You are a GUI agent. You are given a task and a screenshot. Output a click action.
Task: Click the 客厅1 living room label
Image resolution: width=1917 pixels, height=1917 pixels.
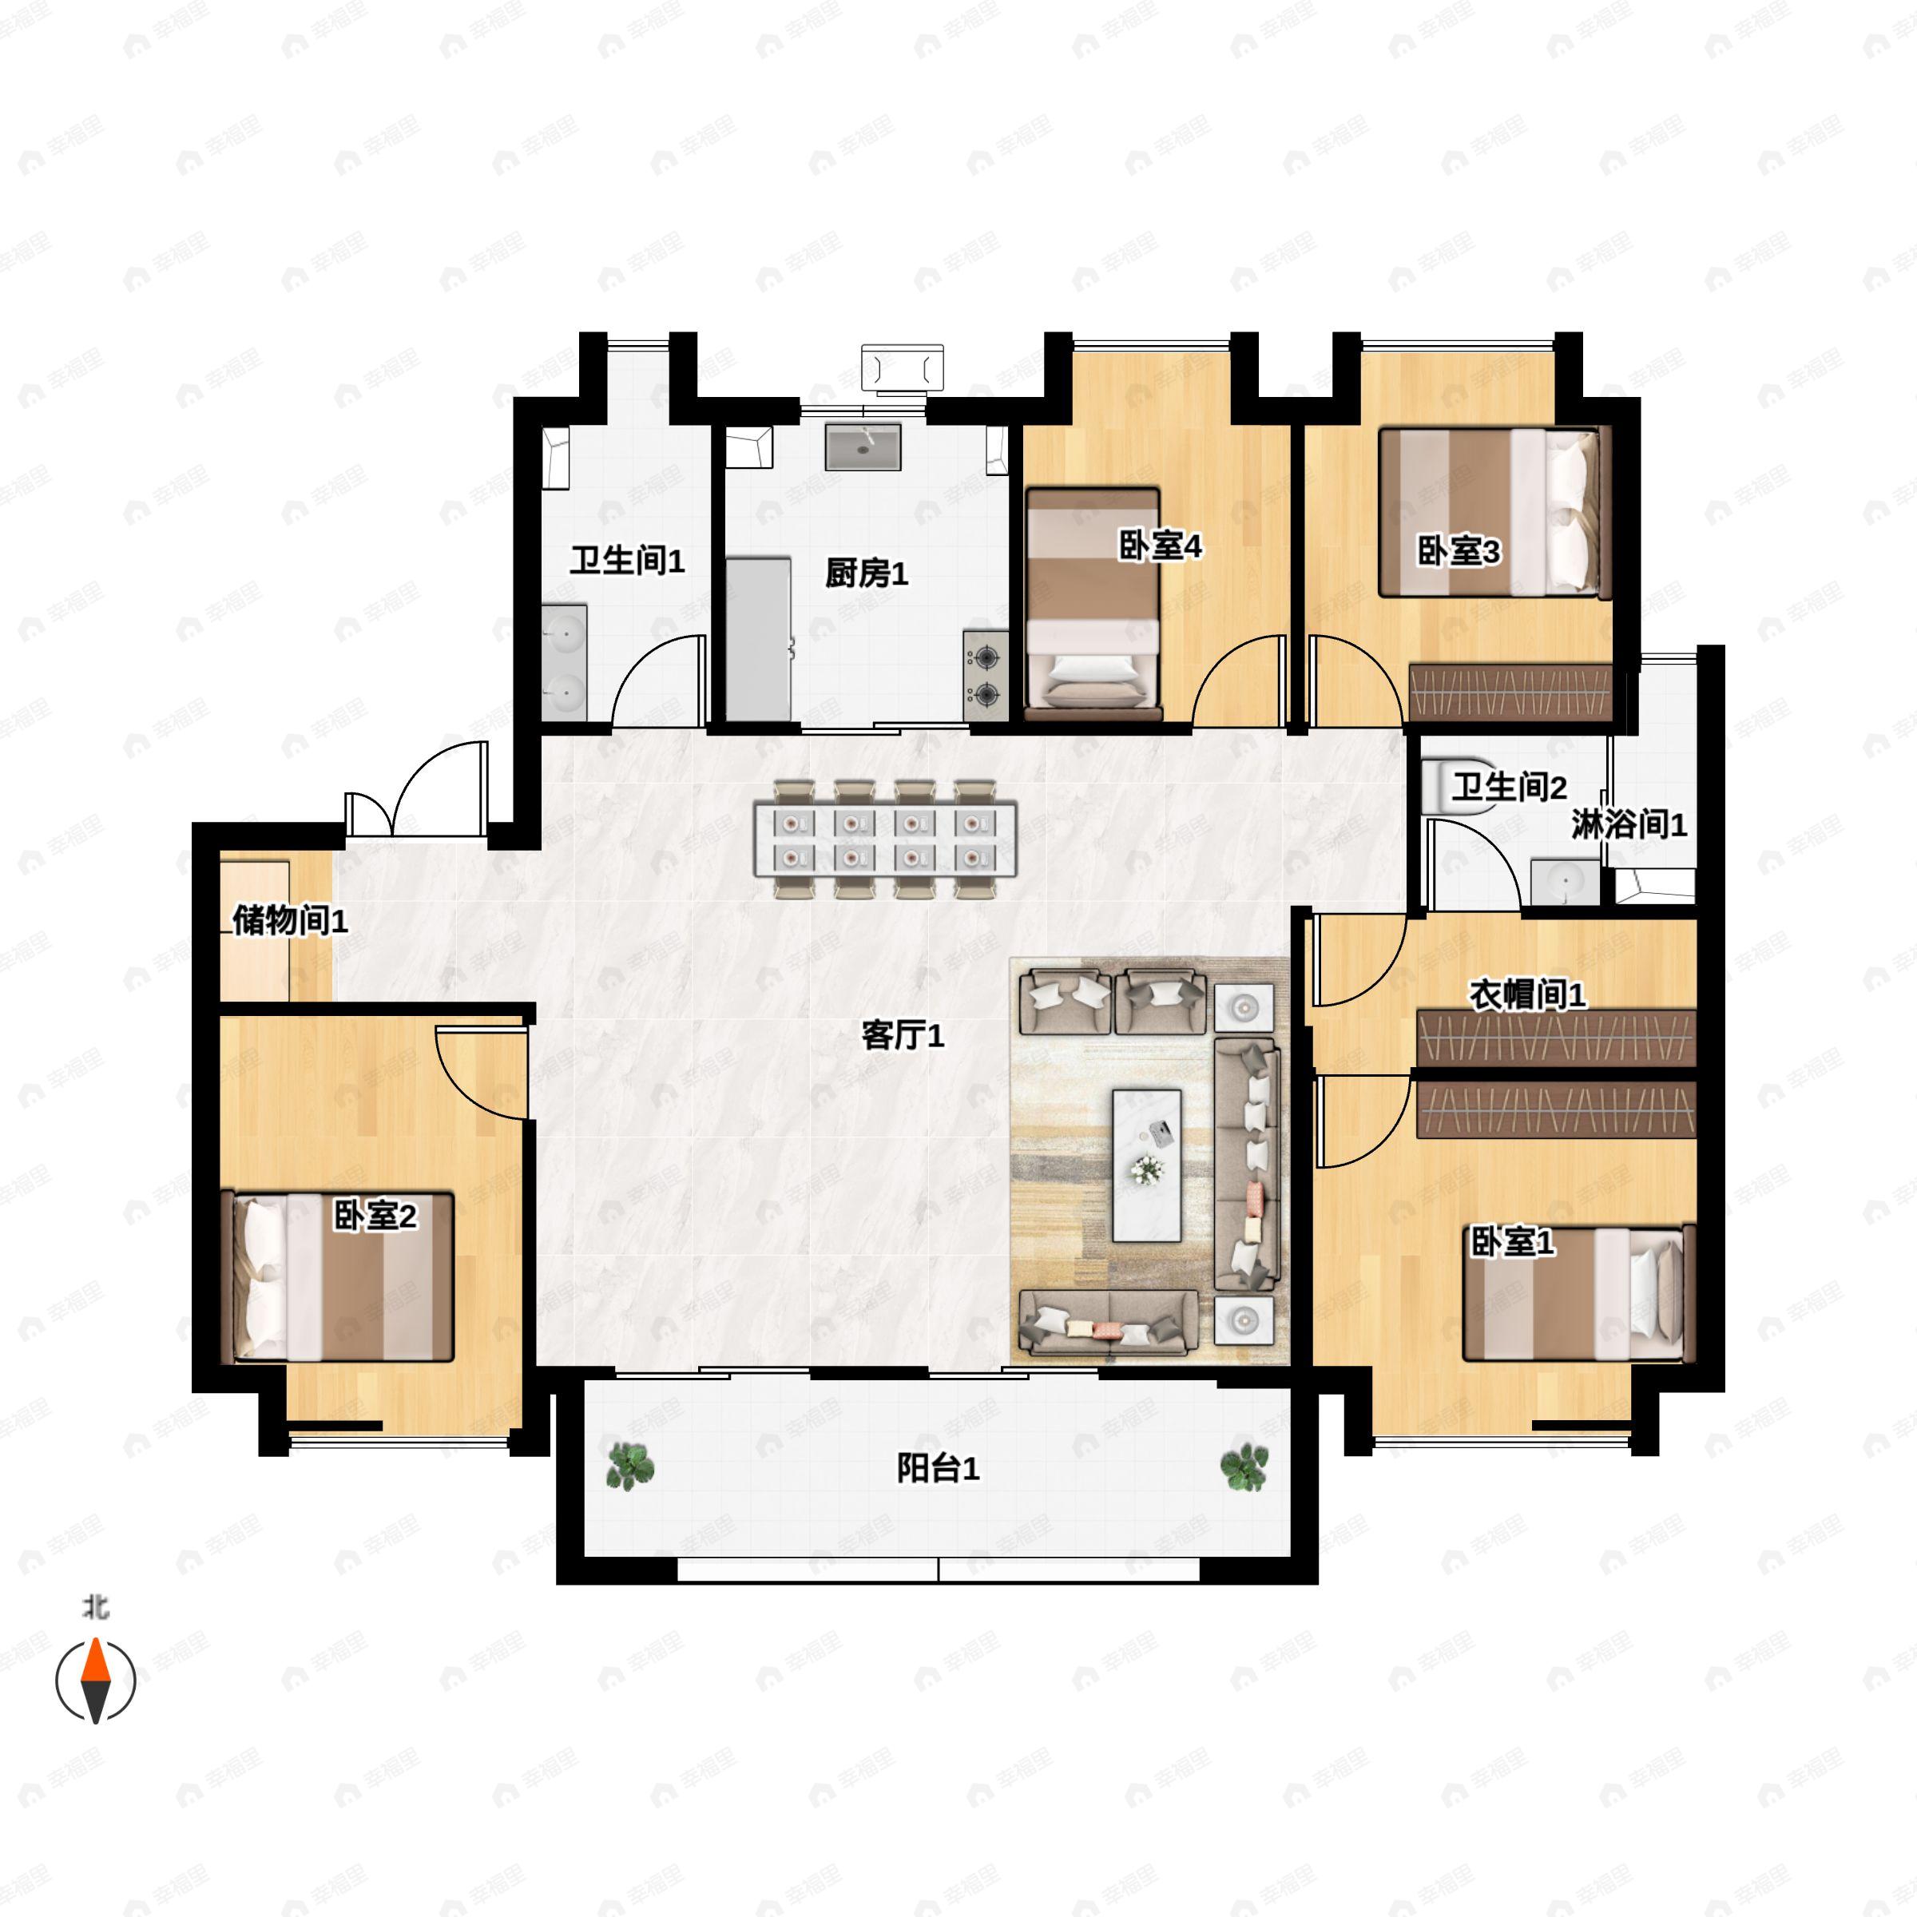coord(902,1036)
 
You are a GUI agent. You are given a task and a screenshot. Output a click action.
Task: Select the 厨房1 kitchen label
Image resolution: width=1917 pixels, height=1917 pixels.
coord(866,574)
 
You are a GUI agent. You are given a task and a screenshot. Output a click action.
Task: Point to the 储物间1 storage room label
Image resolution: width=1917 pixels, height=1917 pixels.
coord(290,921)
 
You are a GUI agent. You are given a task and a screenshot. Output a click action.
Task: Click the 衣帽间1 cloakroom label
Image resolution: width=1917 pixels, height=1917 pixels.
coord(1527,994)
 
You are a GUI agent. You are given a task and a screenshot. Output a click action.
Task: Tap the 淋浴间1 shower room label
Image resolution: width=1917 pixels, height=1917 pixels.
coord(1629,824)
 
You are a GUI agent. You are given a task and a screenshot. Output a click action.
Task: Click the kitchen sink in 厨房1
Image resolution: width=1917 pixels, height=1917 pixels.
coord(863,447)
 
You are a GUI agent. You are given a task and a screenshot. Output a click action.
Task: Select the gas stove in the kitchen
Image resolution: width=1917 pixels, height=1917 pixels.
coord(986,675)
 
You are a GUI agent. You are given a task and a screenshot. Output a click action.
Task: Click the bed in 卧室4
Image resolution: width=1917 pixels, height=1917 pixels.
coord(1093,603)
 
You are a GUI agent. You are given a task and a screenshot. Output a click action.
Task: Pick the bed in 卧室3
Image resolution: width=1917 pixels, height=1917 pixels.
coord(1490,512)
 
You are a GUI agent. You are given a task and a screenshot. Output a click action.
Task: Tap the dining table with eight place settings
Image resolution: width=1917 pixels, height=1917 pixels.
coord(885,839)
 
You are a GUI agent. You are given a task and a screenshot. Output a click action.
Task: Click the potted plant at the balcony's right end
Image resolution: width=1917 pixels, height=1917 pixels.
coord(1244,1467)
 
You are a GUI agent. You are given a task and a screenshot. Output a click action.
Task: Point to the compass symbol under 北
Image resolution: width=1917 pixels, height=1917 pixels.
coord(95,1682)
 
